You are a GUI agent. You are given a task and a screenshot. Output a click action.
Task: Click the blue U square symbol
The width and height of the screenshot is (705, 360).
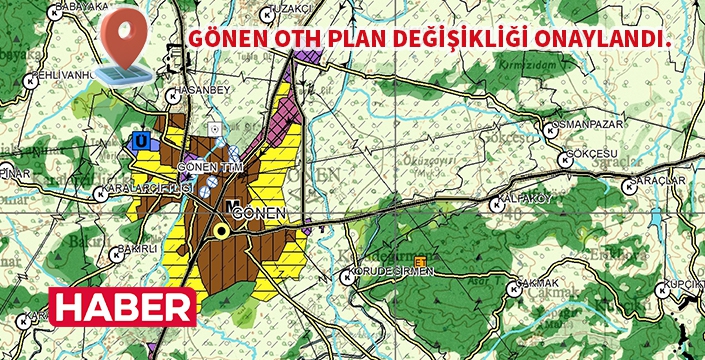[x=141, y=141]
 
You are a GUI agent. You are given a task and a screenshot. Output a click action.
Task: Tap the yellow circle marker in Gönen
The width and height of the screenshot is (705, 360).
[x=222, y=230]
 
